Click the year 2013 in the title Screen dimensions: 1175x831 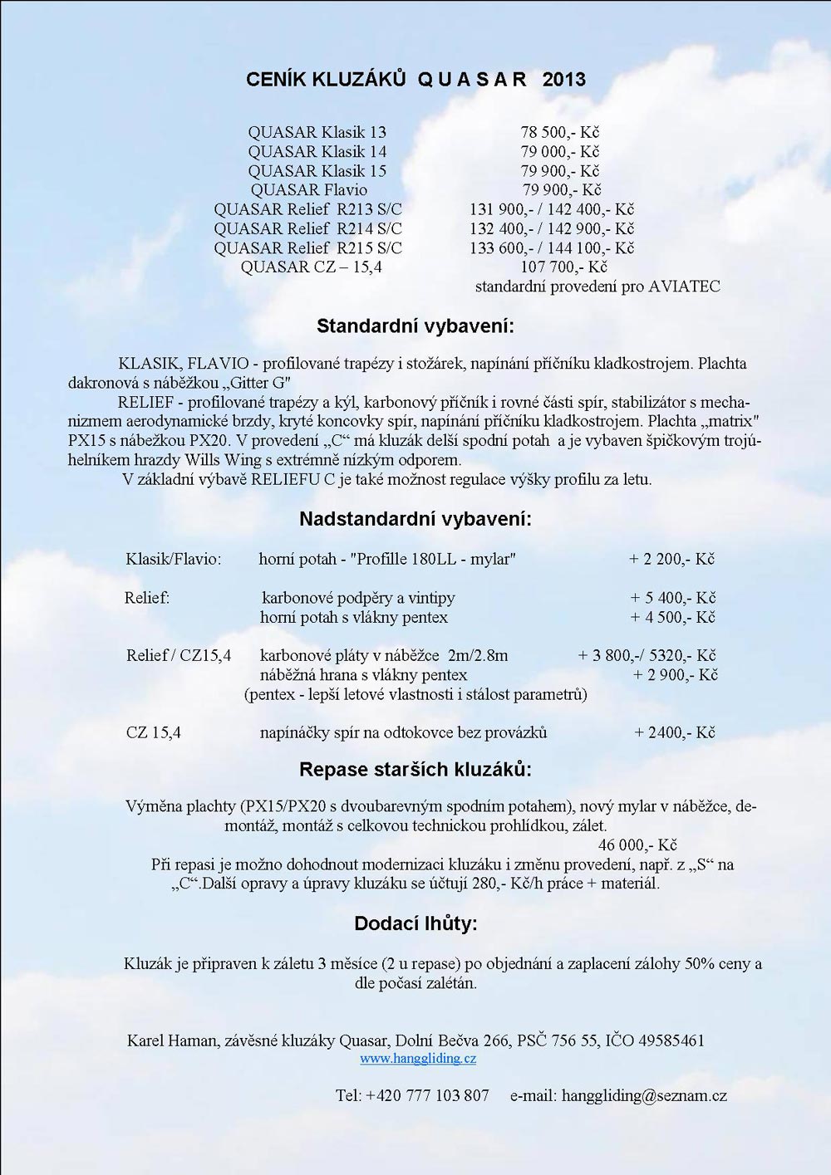coord(563,80)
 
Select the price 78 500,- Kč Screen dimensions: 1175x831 coord(560,132)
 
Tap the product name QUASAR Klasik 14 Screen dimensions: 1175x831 coord(317,151)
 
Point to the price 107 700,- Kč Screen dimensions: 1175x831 coord(563,267)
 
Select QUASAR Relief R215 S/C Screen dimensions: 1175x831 coord(307,247)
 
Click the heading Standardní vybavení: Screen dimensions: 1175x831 coord(415,326)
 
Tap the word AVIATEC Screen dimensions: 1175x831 coord(685,286)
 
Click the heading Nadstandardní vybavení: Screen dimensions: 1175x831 coord(415,519)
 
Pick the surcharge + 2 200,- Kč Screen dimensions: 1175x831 coord(671,559)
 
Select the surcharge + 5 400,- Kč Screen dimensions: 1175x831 coord(673,598)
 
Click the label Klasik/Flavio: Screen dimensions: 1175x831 coord(174,559)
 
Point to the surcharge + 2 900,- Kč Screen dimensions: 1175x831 coord(676,675)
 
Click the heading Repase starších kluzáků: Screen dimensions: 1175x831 coord(415,768)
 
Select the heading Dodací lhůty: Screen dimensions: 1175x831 coord(415,923)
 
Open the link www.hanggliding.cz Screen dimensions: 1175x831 coord(418,1059)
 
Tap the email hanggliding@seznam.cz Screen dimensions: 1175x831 coord(644,1095)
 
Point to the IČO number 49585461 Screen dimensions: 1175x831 coord(668,1040)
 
